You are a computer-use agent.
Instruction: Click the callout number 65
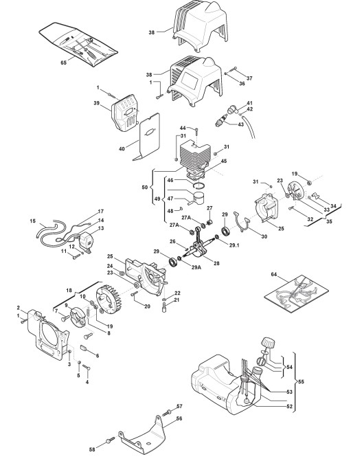coord(63,63)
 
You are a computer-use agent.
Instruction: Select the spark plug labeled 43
coord(221,121)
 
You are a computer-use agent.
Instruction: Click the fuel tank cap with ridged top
coord(268,343)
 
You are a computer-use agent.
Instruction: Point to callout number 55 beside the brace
coord(301,382)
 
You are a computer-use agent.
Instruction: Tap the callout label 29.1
coord(234,245)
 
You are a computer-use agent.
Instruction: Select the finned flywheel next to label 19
coord(109,300)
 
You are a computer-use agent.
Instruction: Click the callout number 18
coord(69,291)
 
